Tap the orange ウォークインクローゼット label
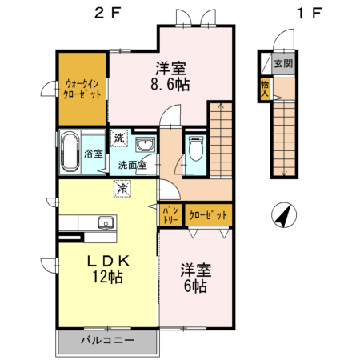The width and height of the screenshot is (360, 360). pos(82,87)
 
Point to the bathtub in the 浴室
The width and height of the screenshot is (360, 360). pos(70,152)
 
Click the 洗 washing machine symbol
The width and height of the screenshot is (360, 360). pos(118,138)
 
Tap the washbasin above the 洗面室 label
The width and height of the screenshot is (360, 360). pos(146,146)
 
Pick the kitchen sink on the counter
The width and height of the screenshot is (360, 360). pos(103,222)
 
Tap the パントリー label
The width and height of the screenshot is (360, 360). pos(170,214)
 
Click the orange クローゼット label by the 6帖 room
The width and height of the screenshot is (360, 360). pos(208,214)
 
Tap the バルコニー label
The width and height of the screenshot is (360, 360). pos(106,340)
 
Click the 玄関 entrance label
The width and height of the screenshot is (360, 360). pos(283,63)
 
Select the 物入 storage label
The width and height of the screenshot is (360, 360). pos(263,87)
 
